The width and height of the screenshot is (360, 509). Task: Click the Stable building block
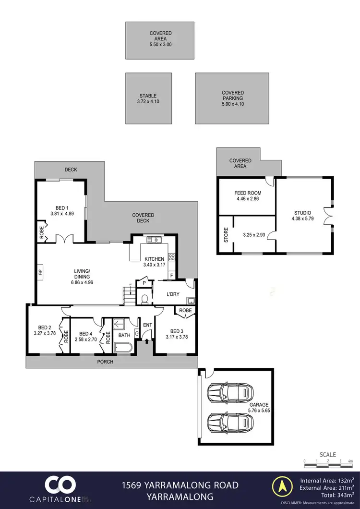coord(149,98)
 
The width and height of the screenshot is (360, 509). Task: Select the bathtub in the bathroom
coord(123,349)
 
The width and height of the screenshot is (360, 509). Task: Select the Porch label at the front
coord(106,362)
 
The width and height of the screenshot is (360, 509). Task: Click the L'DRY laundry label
coord(173,294)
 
